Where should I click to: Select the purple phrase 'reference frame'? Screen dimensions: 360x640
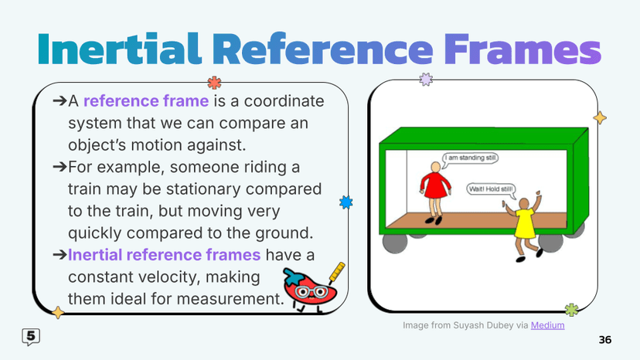(x=146, y=102)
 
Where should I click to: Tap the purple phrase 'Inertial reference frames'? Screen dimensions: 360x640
(x=166, y=255)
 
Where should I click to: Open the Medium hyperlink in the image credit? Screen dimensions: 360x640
(x=547, y=325)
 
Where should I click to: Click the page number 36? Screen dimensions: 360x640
(x=605, y=340)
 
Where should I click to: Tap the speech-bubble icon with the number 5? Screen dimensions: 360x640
(x=30, y=336)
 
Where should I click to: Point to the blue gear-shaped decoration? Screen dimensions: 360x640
(x=346, y=202)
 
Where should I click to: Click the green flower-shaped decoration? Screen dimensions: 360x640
(x=572, y=310)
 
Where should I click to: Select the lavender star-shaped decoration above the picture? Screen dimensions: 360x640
(x=424, y=79)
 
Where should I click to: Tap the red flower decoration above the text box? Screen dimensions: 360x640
(x=214, y=83)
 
